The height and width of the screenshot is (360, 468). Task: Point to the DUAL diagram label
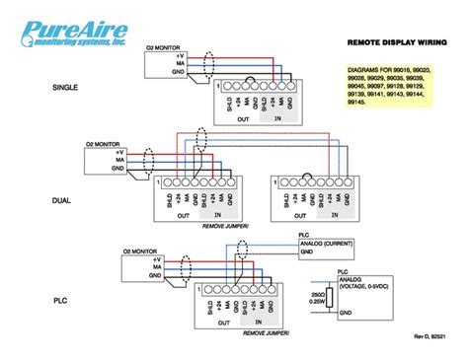(x=61, y=200)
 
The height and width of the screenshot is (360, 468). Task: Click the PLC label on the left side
(x=58, y=297)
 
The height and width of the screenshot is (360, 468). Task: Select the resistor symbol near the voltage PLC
(x=330, y=298)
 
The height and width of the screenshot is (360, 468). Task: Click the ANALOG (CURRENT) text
(x=326, y=244)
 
